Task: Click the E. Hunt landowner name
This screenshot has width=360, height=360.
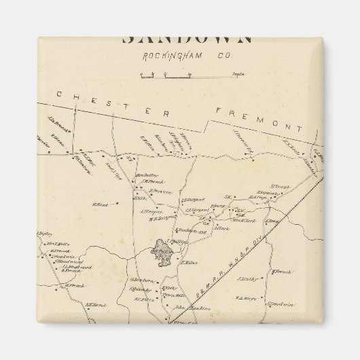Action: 101,204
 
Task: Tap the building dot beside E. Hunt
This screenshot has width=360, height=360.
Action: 115,204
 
